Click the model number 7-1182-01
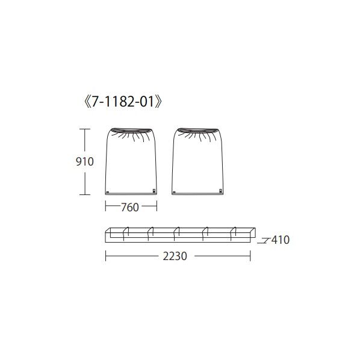[x=123, y=102]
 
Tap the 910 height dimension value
[x=85, y=161]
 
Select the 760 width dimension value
[x=130, y=207]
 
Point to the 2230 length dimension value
[x=175, y=256]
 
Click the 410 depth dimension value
[x=281, y=240]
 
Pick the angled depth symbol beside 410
[x=263, y=241]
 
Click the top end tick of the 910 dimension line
[x=85, y=129]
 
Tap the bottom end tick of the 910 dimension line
[x=85, y=194]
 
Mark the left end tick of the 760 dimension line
[x=105, y=206]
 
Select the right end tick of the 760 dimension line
[x=157, y=206]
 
